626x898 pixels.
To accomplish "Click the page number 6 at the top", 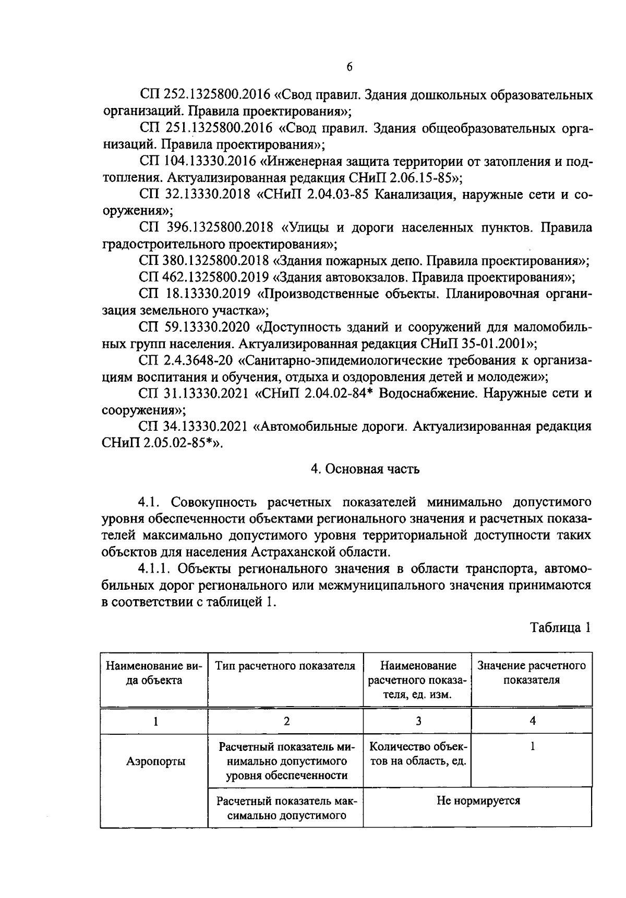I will (x=349, y=67).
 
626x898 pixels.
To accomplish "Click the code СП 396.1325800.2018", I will (x=206, y=227).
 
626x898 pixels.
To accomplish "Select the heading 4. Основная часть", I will (x=365, y=469).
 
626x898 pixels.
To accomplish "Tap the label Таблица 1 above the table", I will (x=561, y=627).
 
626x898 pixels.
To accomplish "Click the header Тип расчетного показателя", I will (x=285, y=666).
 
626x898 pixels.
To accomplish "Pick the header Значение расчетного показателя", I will (x=531, y=673).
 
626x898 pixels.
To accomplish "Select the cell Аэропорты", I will (x=155, y=761).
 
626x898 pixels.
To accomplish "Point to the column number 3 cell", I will (x=418, y=721).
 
